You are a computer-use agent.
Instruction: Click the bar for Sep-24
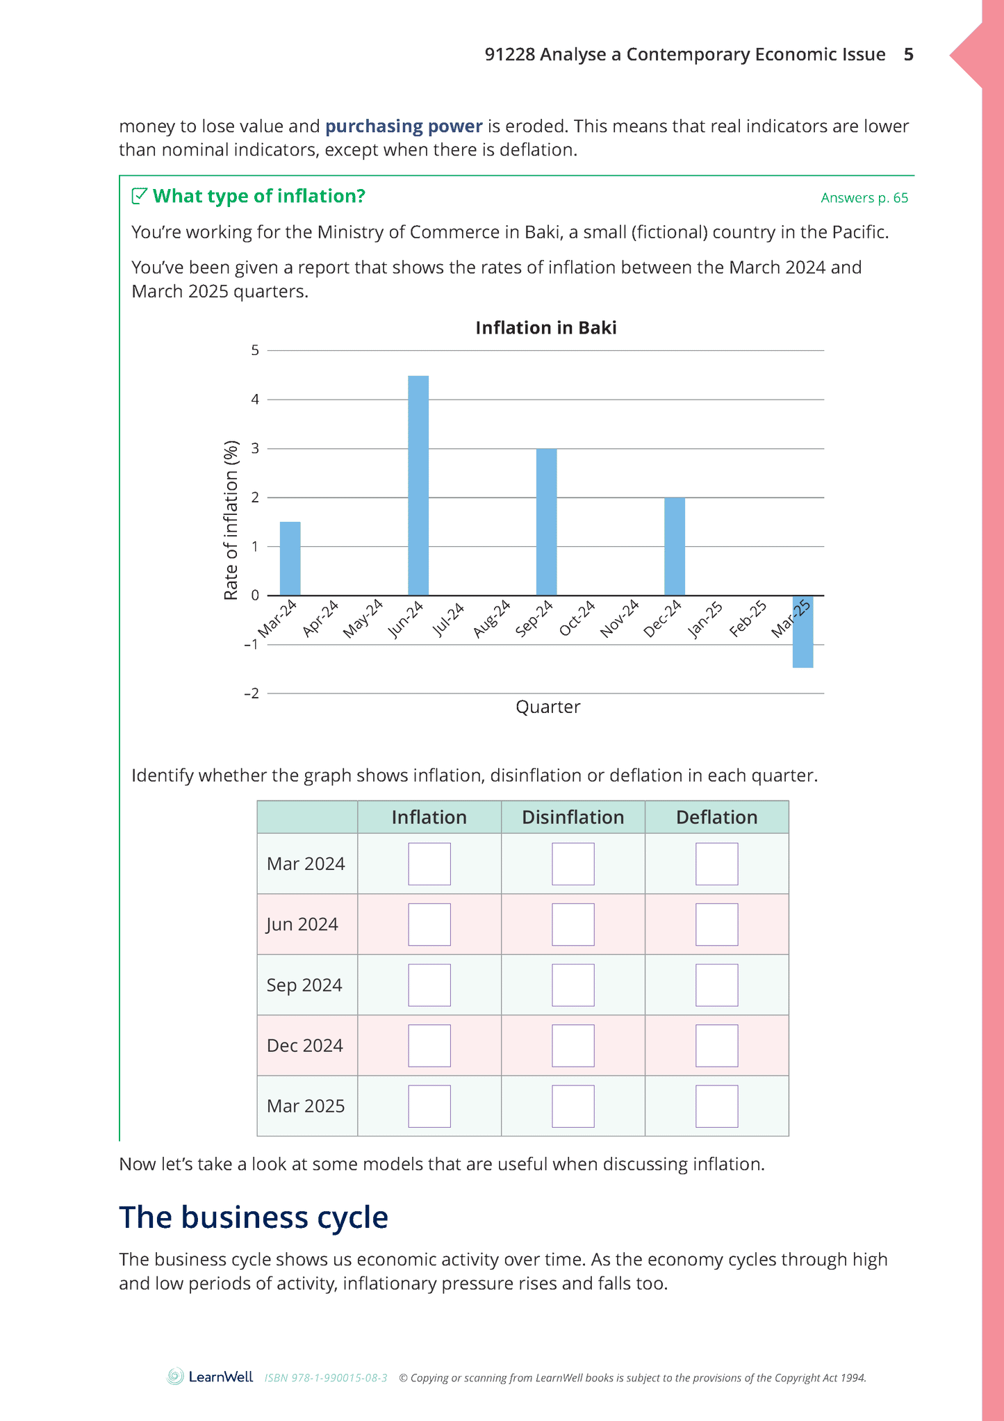point(546,522)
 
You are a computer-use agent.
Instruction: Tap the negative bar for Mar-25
point(803,632)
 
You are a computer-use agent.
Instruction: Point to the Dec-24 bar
point(675,546)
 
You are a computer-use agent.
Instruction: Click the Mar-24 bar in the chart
point(290,559)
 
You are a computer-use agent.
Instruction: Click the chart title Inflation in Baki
point(546,328)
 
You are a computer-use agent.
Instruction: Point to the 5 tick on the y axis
point(255,350)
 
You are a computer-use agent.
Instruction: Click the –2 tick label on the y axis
point(252,693)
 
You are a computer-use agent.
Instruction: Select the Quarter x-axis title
point(548,707)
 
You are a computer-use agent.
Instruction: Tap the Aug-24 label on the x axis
point(492,618)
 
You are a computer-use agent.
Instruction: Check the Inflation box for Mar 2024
point(429,864)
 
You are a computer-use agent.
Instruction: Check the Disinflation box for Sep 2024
point(573,985)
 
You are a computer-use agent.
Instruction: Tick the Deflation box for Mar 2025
point(717,1106)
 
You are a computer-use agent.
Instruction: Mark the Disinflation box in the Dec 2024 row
point(573,1046)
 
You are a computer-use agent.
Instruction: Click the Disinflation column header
point(573,817)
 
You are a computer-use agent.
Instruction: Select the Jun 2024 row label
point(302,925)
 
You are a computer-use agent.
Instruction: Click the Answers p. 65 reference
point(864,198)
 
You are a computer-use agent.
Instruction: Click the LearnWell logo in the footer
point(210,1377)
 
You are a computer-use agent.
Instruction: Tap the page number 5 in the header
point(909,55)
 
